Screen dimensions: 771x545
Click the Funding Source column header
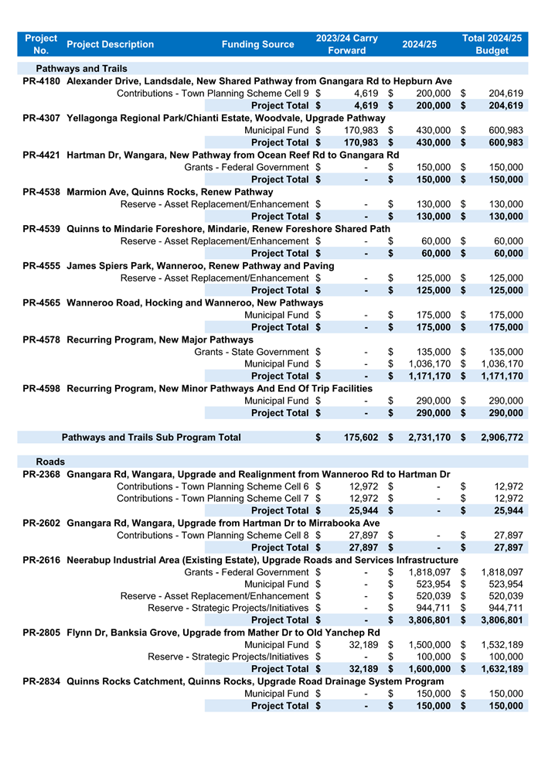click(257, 45)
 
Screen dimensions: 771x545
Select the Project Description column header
click(110, 45)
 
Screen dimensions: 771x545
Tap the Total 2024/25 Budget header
click(492, 44)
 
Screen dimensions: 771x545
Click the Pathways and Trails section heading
click(82, 69)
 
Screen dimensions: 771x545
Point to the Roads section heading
click(50, 462)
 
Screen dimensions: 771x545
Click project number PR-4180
click(42, 81)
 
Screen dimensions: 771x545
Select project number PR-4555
click(42, 266)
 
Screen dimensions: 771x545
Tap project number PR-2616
click(42, 560)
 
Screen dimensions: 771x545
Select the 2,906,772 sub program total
click(502, 438)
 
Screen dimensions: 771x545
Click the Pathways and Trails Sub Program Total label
click(151, 438)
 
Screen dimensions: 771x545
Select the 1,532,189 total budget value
click(502, 645)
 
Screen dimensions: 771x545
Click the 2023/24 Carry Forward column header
click(346, 44)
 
